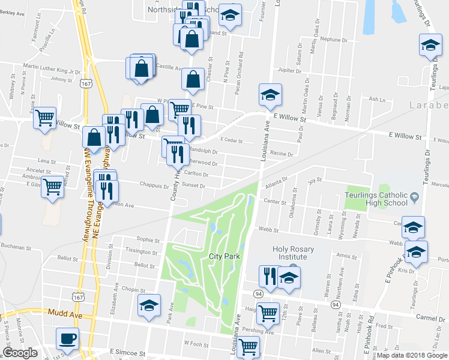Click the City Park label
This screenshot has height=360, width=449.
[x=224, y=256]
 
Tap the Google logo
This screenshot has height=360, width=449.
[x=20, y=353]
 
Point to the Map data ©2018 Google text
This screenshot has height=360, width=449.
[x=411, y=355]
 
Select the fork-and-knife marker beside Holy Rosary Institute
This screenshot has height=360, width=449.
[x=270, y=277]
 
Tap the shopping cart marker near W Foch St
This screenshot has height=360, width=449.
[x=247, y=346]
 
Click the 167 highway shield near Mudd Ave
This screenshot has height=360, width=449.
[x=77, y=298]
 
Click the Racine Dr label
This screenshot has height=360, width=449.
[x=281, y=154]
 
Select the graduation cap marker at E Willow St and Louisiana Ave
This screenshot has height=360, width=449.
[x=270, y=94]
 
